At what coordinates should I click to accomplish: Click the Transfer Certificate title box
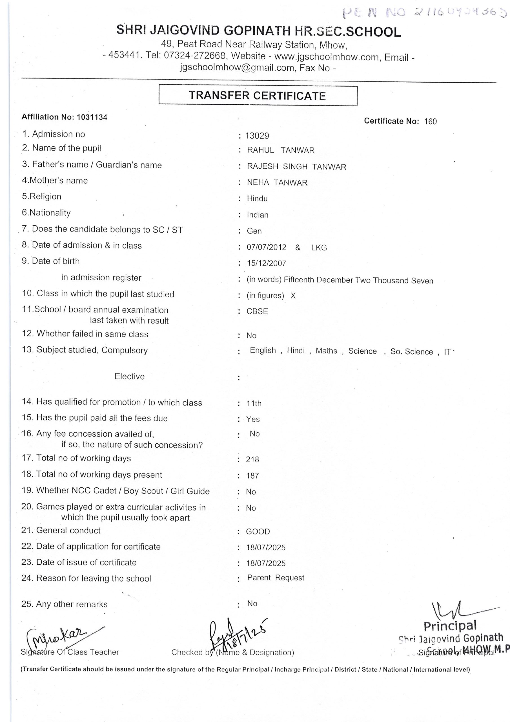258,95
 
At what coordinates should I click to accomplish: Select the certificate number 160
430,121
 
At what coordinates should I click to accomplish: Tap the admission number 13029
257,136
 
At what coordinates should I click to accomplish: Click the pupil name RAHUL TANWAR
281,150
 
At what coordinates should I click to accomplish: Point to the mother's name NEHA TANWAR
277,183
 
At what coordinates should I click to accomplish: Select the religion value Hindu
257,199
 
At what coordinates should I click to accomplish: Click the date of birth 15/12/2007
267,263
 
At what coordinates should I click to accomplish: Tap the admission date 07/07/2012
267,247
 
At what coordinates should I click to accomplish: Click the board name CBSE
257,311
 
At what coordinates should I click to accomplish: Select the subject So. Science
411,352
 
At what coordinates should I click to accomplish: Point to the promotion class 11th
254,404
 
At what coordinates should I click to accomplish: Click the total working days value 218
252,459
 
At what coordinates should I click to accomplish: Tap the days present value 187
252,476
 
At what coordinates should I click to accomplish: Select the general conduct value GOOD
258,532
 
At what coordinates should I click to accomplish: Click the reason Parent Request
276,578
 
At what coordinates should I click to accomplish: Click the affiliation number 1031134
92,117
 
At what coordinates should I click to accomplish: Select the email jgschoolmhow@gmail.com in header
237,68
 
